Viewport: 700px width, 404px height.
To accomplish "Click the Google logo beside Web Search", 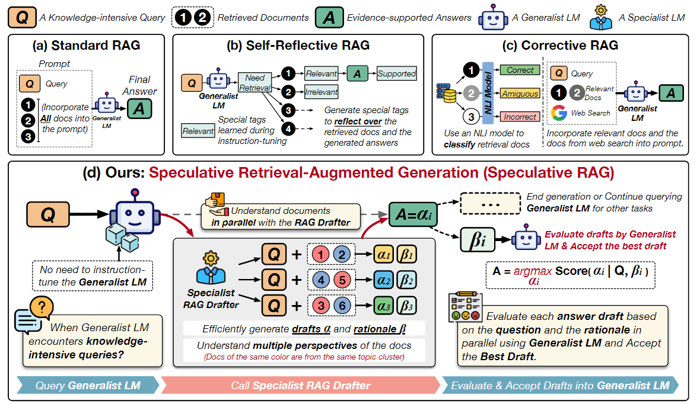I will (559, 113).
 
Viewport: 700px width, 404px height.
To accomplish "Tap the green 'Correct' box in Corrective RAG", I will (520, 70).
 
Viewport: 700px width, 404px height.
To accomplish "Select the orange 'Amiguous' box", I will (520, 93).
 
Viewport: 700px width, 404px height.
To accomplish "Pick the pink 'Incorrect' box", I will (520, 117).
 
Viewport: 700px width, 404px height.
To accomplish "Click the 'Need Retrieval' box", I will (254, 83).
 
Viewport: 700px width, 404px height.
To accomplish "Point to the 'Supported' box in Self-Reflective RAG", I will (397, 73).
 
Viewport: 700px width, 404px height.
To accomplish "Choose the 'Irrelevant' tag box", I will (322, 92).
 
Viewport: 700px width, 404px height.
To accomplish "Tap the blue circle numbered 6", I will (343, 306).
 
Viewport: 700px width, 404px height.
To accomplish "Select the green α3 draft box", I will (383, 306).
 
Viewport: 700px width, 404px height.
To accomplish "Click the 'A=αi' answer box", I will (413, 212).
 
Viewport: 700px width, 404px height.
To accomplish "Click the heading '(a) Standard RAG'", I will (85, 45).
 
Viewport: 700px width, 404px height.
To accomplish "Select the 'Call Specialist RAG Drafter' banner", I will (300, 386).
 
